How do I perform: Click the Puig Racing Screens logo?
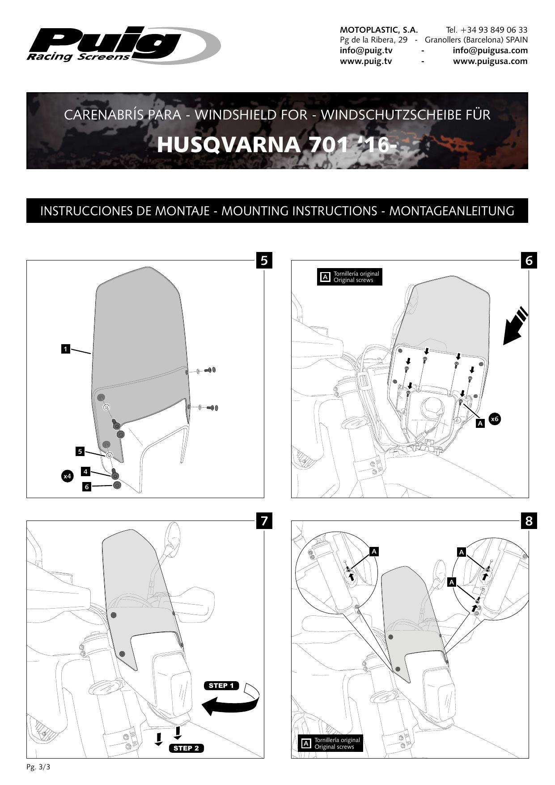click(123, 45)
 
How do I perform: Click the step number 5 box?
click(264, 260)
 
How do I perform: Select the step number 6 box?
click(529, 260)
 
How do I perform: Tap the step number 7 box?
click(264, 520)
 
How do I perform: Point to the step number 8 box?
click(529, 521)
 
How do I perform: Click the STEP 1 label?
click(221, 686)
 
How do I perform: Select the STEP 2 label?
click(186, 748)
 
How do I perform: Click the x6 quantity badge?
click(494, 419)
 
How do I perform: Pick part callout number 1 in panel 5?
click(66, 349)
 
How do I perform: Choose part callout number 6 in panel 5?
click(87, 486)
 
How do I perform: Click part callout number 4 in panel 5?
click(85, 471)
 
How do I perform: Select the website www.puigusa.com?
click(490, 61)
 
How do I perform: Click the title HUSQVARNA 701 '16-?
click(277, 145)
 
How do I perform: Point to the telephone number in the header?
click(487, 30)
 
